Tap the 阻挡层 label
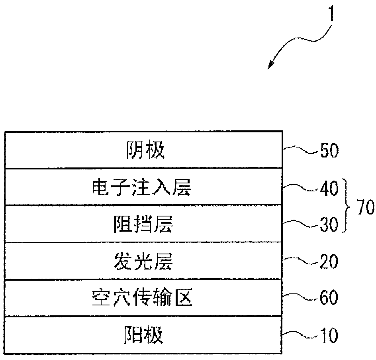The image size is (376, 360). click(x=144, y=226)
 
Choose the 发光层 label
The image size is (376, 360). click(x=144, y=262)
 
